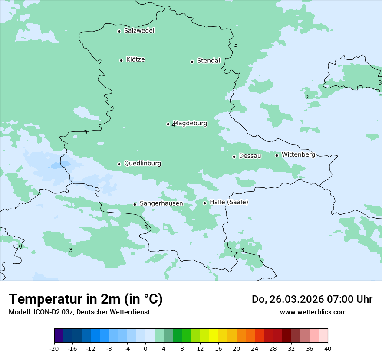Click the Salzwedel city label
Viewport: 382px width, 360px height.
pyautogui.click(x=139, y=31)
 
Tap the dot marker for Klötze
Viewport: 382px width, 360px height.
pyautogui.click(x=121, y=60)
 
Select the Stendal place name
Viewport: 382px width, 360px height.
pyautogui.click(x=208, y=61)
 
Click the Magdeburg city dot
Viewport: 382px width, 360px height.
pyautogui.click(x=168, y=124)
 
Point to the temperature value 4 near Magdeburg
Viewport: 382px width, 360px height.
pyautogui.click(x=173, y=125)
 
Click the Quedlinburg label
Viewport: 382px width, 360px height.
pyautogui.click(x=142, y=164)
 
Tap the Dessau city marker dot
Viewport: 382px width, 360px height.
pyautogui.click(x=234, y=157)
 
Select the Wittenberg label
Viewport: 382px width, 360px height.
pyautogui.click(x=298, y=154)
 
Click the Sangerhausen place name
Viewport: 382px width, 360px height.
pyautogui.click(x=161, y=203)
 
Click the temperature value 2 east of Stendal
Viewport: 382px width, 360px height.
pyautogui.click(x=307, y=97)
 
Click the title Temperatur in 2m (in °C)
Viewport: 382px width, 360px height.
pyautogui.click(x=86, y=299)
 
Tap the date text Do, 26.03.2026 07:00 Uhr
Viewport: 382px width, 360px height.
pyautogui.click(x=312, y=299)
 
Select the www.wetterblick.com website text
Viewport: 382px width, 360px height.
pyautogui.click(x=313, y=312)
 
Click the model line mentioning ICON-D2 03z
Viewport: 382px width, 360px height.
pyautogui.click(x=79, y=312)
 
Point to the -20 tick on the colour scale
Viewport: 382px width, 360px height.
pyautogui.click(x=54, y=348)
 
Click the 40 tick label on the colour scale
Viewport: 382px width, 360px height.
pyautogui.click(x=327, y=348)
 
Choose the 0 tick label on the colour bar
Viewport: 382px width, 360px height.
pyautogui.click(x=145, y=348)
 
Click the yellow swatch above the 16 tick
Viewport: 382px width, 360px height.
pyautogui.click(x=214, y=336)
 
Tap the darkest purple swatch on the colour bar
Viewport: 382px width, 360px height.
pyautogui.click(x=59, y=336)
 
